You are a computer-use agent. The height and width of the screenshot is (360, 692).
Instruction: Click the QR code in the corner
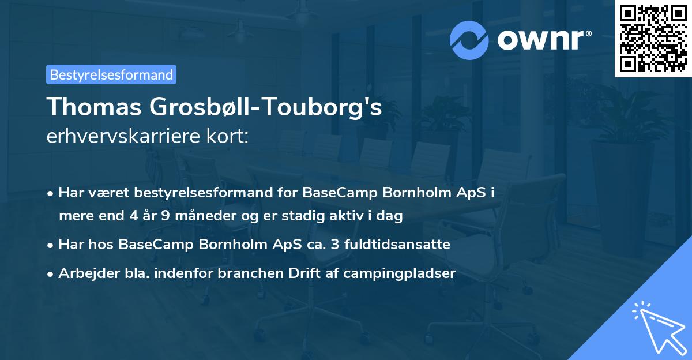pyautogui.click(x=653, y=39)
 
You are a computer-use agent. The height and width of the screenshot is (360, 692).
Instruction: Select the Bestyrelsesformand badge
pyautogui.click(x=111, y=74)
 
